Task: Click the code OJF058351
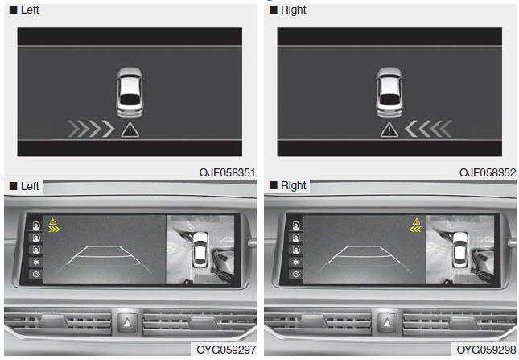[227, 172]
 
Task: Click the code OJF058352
[488, 172]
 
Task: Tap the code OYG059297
[226, 350]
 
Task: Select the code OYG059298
[486, 350]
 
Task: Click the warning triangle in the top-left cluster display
[130, 130]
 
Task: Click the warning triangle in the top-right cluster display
[389, 130]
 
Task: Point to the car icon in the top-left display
[130, 92]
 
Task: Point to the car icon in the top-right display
[389, 92]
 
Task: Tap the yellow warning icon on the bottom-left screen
[53, 226]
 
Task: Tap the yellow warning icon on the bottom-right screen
[416, 226]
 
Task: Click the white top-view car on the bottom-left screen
[200, 249]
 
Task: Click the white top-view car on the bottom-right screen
[459, 249]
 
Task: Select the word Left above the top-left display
[30, 10]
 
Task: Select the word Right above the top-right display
[293, 10]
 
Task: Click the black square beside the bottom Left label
[13, 186]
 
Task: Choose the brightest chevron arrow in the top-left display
[109, 129]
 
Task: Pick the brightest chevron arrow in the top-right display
[411, 129]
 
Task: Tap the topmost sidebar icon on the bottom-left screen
[36, 226]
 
